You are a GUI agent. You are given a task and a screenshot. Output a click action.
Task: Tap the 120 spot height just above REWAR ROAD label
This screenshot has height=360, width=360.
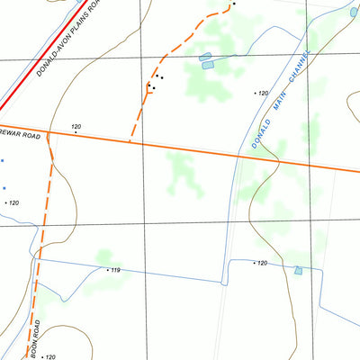tap(76, 127)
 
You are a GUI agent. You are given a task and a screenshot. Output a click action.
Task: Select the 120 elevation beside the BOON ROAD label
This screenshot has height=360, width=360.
tap(49, 357)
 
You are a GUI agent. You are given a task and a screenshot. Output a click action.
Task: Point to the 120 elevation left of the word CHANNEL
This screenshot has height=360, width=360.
tap(263, 94)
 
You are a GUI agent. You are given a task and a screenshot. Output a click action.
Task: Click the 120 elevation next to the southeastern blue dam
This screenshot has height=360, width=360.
tap(261, 263)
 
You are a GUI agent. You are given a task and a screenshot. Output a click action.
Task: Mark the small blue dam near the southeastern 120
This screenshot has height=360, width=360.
tap(297, 270)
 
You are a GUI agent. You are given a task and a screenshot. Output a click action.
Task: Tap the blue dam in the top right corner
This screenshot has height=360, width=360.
tap(354, 13)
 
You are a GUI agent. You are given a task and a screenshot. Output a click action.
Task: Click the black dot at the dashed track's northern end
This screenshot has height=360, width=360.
tap(233, 4)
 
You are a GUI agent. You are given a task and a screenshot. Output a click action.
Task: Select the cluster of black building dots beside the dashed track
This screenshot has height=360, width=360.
tap(154, 85)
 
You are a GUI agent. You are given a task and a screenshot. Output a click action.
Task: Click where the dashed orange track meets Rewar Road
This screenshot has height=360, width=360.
tap(130, 141)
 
